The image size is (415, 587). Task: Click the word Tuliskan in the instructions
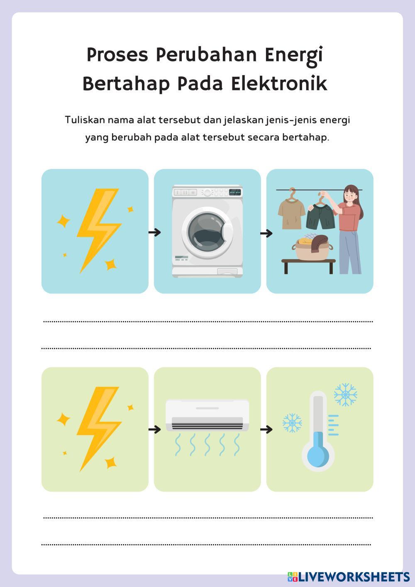tap(85, 120)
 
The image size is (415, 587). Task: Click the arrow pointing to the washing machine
tap(154, 232)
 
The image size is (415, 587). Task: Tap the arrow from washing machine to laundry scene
tap(266, 233)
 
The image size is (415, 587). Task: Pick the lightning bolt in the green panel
tap(97, 428)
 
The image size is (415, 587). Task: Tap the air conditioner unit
tap(207, 415)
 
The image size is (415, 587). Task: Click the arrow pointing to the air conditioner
tap(154, 429)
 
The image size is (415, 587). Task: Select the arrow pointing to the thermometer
tap(266, 429)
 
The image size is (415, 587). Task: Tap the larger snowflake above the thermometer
tap(345, 394)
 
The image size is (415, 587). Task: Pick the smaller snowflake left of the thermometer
tap(292, 423)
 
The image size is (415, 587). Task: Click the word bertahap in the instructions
tap(305, 137)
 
